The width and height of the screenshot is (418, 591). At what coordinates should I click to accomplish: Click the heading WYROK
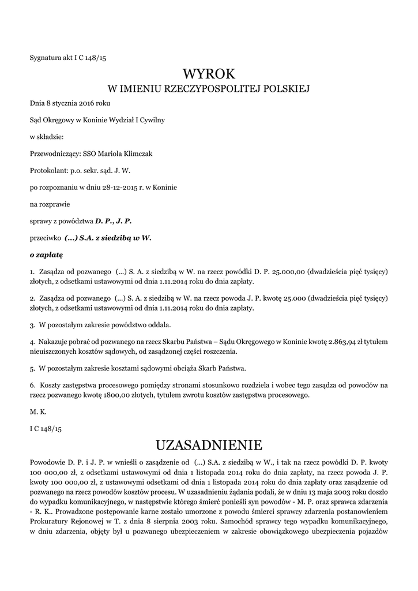209,73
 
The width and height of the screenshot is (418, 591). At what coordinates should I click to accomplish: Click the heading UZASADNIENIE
209,444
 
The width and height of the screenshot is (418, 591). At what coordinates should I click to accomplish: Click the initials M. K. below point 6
37,413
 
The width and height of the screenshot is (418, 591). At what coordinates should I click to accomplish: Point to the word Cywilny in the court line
152,120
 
